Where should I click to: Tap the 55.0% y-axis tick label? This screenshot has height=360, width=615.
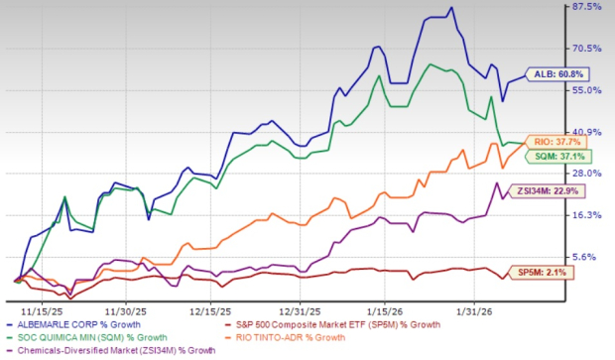[x=588, y=89]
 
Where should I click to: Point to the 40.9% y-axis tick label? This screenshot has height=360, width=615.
[x=588, y=131]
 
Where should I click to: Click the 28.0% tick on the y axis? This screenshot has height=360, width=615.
[x=588, y=173]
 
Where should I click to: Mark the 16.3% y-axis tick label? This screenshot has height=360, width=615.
[x=588, y=214]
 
